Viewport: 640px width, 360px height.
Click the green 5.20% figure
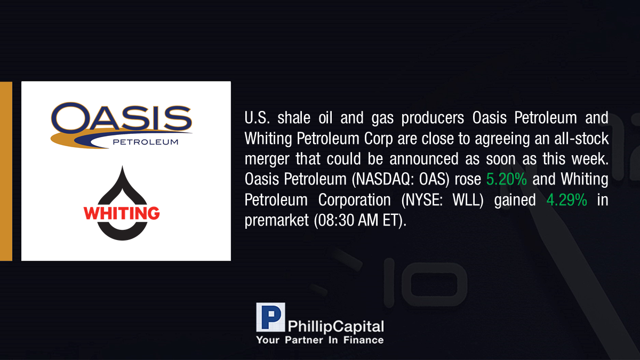[506, 179]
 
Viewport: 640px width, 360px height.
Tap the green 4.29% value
[567, 200]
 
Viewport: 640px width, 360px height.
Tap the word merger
[267, 159]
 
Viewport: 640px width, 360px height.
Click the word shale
[294, 118]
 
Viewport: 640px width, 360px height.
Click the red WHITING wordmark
[122, 213]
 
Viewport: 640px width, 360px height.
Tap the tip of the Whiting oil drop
[122, 166]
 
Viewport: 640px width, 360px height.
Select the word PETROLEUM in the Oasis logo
[146, 142]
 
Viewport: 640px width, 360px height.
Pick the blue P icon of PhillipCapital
[270, 317]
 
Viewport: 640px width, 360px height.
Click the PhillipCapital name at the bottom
[335, 326]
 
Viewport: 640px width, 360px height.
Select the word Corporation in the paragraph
[354, 200]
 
